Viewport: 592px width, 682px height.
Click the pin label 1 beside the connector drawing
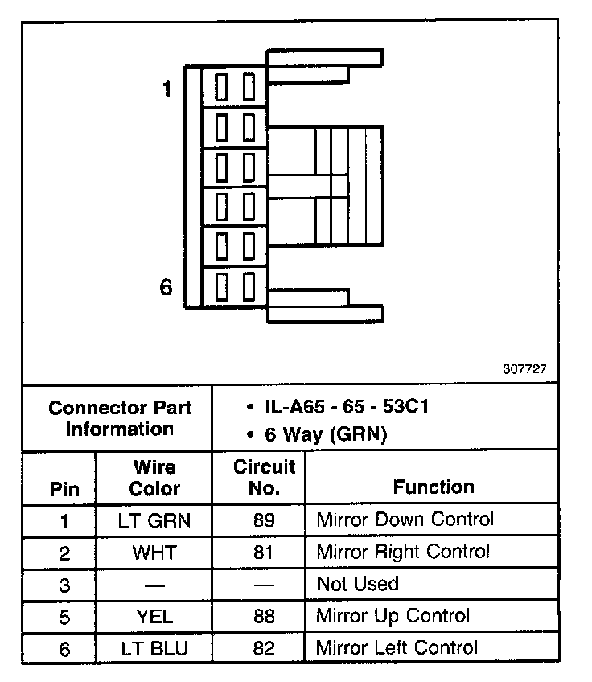166,89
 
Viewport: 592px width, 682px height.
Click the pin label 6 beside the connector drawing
166,287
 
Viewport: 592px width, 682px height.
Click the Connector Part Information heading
120,417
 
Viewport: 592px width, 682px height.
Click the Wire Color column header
155,477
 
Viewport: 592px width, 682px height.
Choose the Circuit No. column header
264,477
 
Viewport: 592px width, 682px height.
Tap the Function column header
434,487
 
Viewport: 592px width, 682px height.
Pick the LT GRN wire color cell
155,520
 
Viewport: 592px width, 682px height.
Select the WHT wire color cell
155,553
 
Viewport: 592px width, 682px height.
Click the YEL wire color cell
155,617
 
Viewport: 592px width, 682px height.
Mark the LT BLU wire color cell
155,648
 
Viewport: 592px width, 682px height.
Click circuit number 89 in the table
263,520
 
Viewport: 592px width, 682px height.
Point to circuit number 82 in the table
263,648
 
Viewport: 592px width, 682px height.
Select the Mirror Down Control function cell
405,520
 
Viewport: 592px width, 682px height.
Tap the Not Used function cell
358,584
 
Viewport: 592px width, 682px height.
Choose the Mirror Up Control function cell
393,617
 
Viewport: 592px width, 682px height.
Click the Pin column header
64,488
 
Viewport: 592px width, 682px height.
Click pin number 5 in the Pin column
64,617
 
